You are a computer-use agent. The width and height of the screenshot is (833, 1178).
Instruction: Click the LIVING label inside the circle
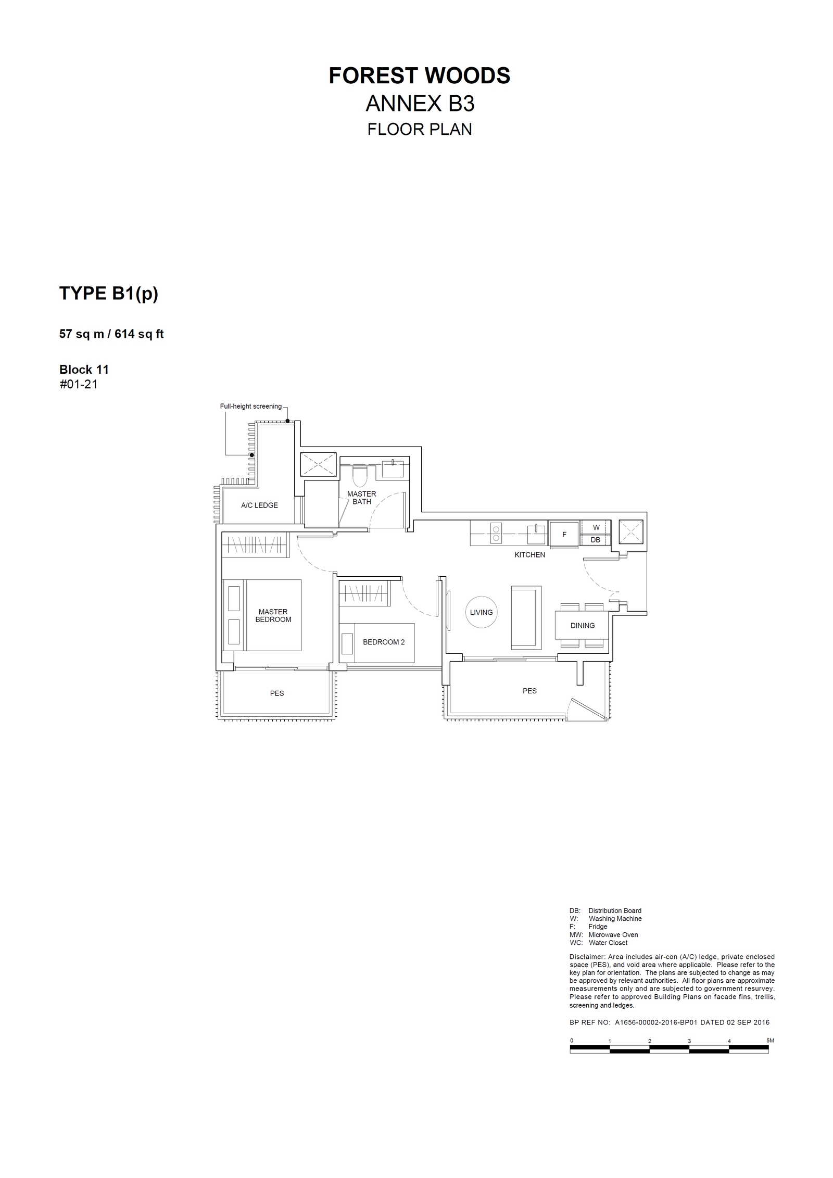[481, 612]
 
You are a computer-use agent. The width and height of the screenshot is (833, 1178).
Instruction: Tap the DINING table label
[582, 625]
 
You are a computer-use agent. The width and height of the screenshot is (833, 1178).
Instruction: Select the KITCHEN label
[529, 554]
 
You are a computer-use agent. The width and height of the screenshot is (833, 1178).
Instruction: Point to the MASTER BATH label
[361, 498]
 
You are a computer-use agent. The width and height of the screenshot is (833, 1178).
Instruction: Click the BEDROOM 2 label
[384, 642]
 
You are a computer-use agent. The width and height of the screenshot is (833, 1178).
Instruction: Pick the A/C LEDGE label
[259, 505]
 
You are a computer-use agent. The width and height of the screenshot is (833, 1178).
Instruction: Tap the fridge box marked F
[564, 534]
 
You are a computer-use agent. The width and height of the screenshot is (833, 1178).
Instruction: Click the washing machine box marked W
[596, 527]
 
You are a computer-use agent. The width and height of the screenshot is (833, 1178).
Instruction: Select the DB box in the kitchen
[596, 540]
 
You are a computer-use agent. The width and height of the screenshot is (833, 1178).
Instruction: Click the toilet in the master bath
[360, 475]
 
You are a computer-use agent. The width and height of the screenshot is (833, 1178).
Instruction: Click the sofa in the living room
[526, 617]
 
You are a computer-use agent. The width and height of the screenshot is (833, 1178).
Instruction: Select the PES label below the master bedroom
[277, 693]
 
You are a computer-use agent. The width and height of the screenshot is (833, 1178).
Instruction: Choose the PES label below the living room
[529, 691]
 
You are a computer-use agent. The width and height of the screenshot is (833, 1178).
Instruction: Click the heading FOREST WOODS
[420, 76]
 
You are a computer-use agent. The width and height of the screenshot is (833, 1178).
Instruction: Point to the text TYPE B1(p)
[109, 294]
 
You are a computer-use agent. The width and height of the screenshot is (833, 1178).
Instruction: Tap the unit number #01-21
[79, 384]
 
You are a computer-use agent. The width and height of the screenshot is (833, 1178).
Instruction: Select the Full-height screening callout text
[250, 406]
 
